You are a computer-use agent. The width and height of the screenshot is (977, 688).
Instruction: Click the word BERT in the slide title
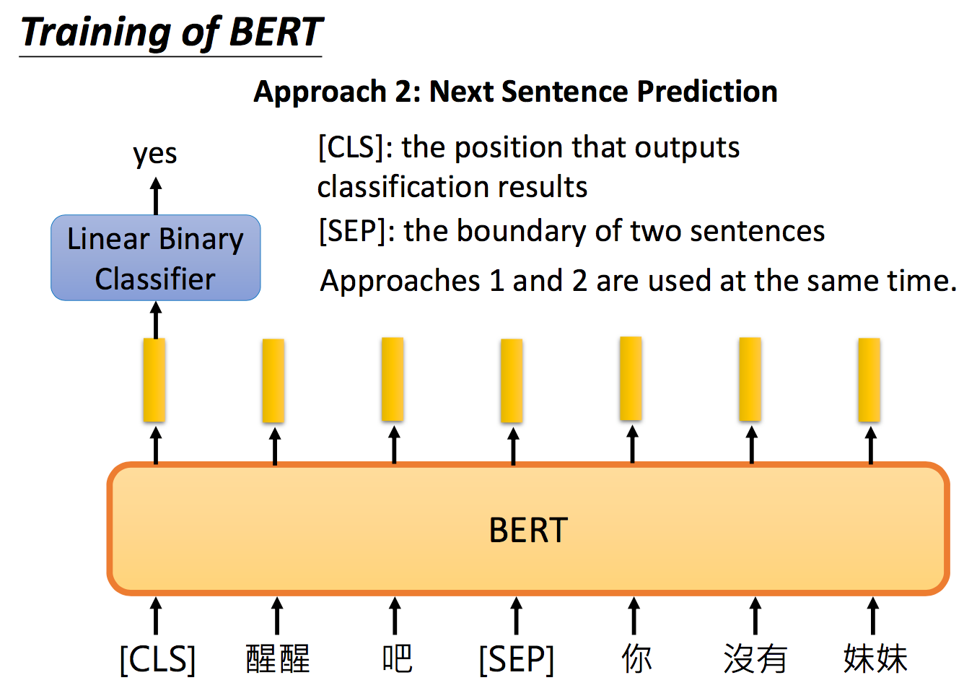(x=276, y=32)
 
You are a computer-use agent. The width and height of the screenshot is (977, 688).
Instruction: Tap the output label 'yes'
(x=155, y=154)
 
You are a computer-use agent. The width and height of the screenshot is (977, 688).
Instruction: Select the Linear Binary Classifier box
(x=156, y=258)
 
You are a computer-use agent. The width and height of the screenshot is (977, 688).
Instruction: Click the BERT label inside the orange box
(x=528, y=530)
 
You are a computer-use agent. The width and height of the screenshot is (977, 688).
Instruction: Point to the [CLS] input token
(x=157, y=659)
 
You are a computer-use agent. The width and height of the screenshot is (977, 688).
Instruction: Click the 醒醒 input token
(x=278, y=658)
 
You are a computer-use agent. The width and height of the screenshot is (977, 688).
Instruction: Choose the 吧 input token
(x=397, y=658)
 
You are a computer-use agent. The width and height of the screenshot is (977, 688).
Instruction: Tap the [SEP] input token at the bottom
(x=517, y=659)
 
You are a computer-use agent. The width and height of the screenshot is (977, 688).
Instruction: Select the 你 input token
(x=636, y=658)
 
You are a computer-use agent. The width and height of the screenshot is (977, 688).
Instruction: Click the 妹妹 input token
(x=875, y=658)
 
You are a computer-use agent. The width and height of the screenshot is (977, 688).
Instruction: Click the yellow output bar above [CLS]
(x=154, y=380)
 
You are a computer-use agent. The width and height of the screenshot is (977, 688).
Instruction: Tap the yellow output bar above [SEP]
(x=512, y=380)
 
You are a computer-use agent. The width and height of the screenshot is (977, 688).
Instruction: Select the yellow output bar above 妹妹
(x=869, y=380)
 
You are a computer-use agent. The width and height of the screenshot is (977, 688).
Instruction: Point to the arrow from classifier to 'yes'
(x=156, y=196)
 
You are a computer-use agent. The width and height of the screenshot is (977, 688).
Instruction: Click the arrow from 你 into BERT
(x=634, y=616)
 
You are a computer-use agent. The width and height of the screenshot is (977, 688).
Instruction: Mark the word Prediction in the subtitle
(x=707, y=92)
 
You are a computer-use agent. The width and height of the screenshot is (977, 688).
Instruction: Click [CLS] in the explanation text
(x=351, y=147)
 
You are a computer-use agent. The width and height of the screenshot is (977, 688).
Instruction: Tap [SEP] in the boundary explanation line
(x=353, y=231)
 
